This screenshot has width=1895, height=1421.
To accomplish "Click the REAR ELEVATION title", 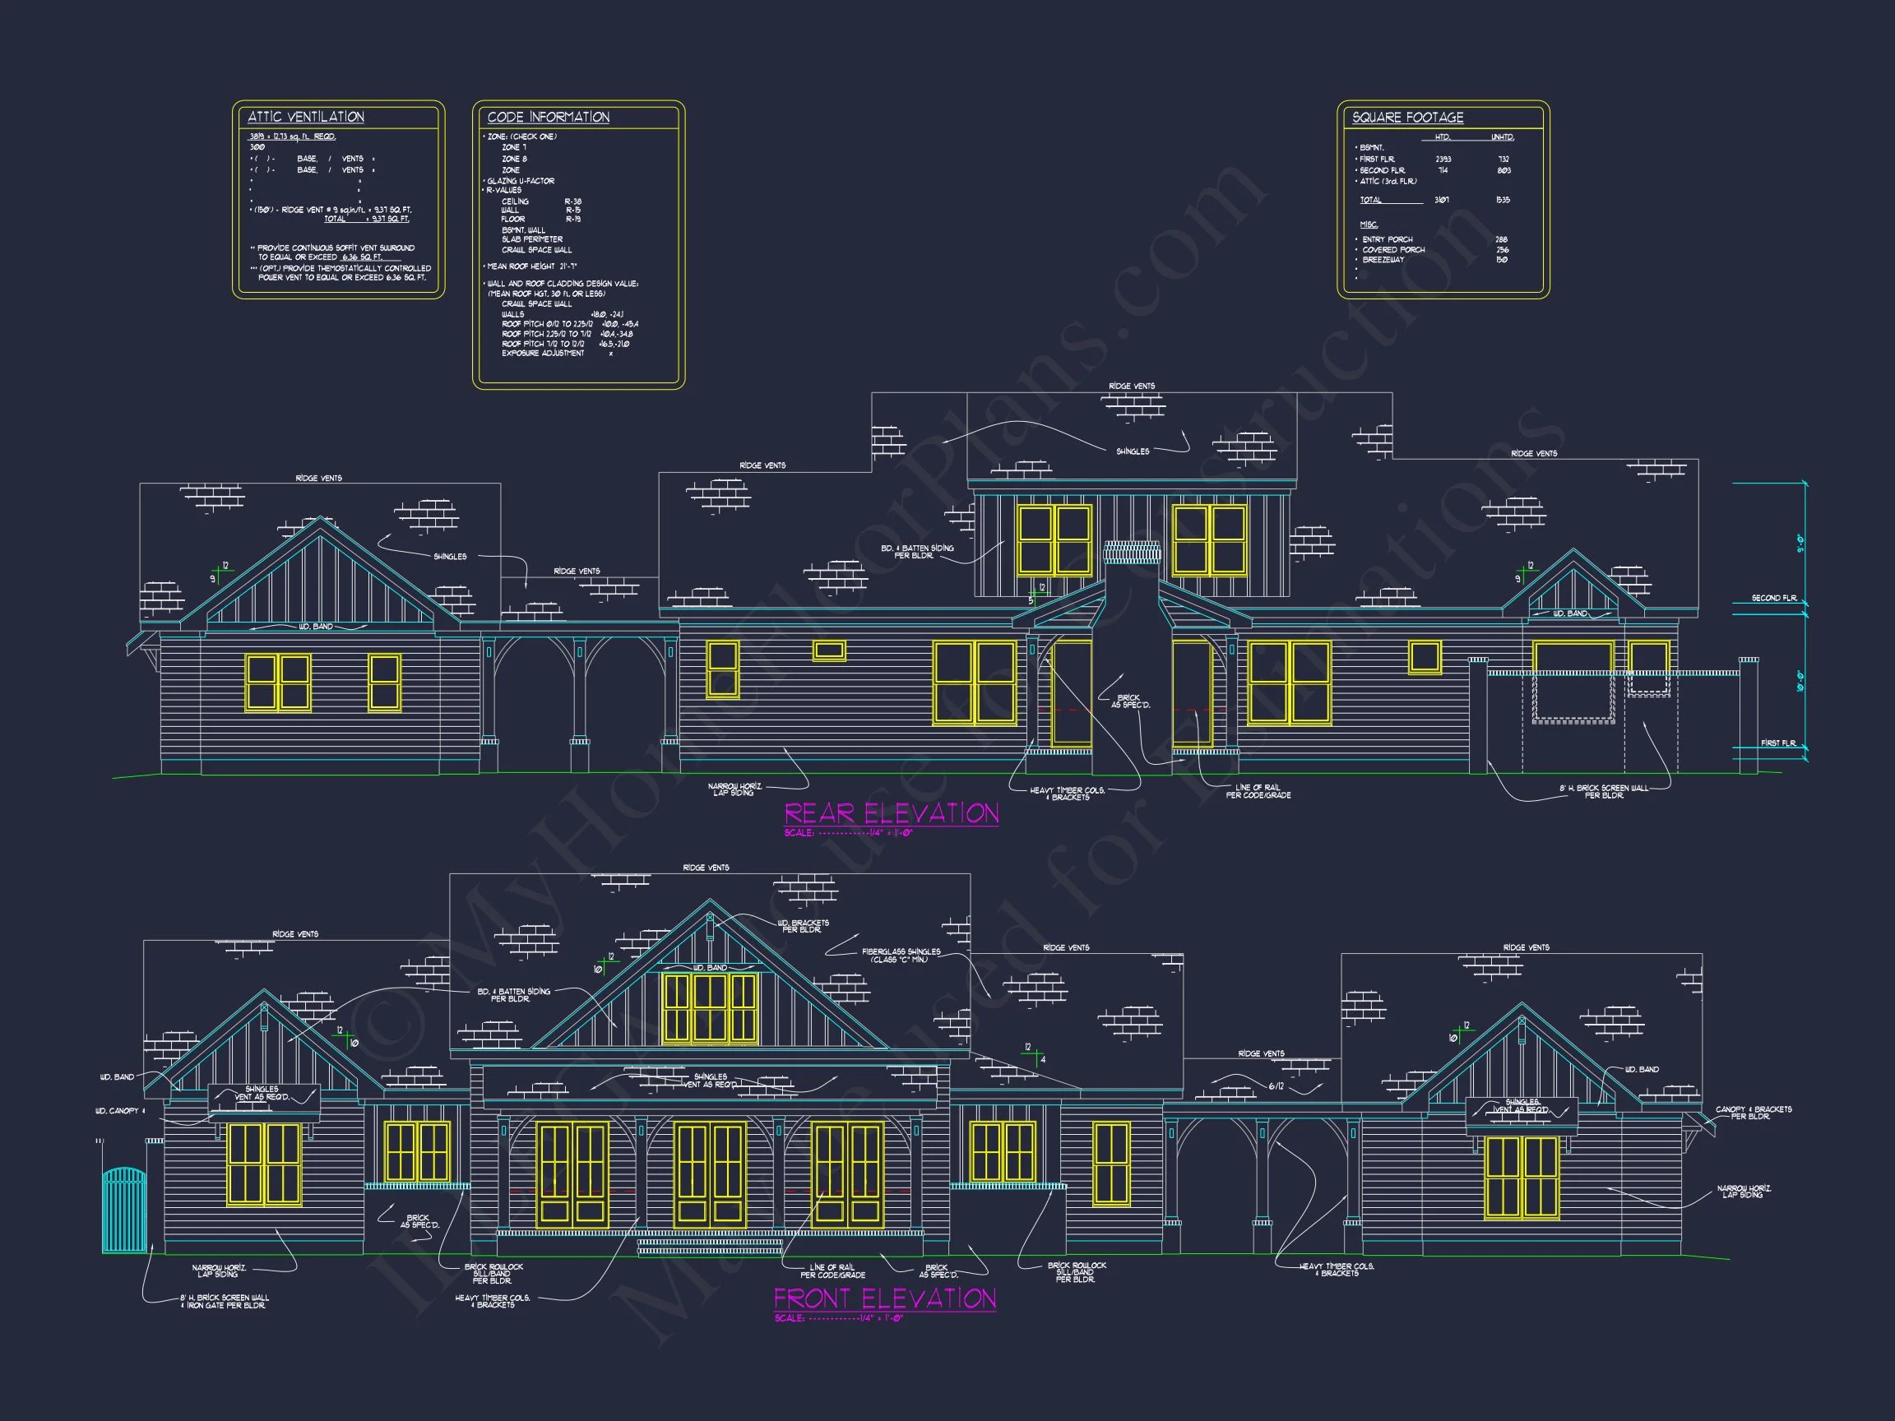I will pyautogui.click(x=891, y=812).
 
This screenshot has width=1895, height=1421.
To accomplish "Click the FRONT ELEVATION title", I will pyautogui.click(x=885, y=1298).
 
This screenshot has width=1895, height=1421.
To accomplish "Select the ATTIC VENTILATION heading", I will pyautogui.click(x=306, y=118).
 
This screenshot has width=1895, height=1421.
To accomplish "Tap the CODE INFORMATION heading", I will pyautogui.click(x=549, y=118).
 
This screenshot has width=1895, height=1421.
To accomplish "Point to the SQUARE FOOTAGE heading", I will pyautogui.click(x=1407, y=118).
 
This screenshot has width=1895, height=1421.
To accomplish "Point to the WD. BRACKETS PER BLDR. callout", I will pyautogui.click(x=803, y=926).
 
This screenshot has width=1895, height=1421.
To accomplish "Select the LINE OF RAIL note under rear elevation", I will pyautogui.click(x=1258, y=791).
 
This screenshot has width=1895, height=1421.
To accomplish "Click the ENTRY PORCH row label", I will pyautogui.click(x=1387, y=240).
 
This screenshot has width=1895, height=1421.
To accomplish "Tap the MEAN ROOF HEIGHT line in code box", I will pyautogui.click(x=531, y=266).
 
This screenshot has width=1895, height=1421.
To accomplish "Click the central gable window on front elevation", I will pyautogui.click(x=710, y=1008).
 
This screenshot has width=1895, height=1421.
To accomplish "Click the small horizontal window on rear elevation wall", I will pyautogui.click(x=828, y=651).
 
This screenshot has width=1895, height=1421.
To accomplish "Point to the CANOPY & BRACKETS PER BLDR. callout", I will pyautogui.click(x=1753, y=1113).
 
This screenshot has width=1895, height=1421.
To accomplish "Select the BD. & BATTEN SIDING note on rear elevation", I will pyautogui.click(x=917, y=552).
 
